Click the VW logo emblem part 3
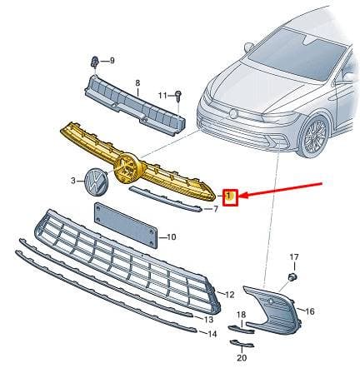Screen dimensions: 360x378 click(96, 182)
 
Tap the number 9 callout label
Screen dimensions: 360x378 click(112, 60)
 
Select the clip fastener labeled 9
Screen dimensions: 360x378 click(95, 62)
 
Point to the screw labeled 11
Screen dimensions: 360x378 click(178, 96)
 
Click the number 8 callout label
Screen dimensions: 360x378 click(137, 82)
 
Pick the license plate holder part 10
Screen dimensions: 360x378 click(126, 225)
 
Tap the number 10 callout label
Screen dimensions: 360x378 click(172, 237)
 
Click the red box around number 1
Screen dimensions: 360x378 click(230, 197)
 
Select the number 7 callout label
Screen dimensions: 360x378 click(216, 209)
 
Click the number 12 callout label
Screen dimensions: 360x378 click(230, 295)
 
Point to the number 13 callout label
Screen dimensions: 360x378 click(208, 320)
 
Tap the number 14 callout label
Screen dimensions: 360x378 click(212, 334)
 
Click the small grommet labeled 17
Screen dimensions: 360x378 click(292, 276)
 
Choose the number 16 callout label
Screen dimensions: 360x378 click(310, 311)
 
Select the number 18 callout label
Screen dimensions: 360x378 click(241, 315)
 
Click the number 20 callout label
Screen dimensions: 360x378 click(242, 358)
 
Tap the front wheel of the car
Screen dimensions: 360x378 click(314, 137)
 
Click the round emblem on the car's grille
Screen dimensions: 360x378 click(233, 114)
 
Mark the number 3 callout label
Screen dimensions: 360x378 click(73, 181)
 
